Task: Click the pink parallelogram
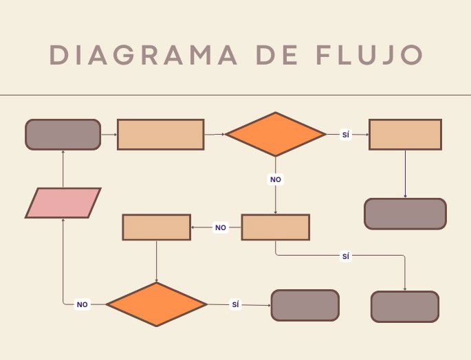pos(63,203)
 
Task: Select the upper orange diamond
pos(276,135)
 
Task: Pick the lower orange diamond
pos(157,304)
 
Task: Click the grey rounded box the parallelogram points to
pos(63,135)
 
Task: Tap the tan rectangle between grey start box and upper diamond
pos(160,135)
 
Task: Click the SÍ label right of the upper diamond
pos(346,135)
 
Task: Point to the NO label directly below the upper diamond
pos(276,179)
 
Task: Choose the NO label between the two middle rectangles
pos(220,227)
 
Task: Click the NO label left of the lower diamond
pos(82,304)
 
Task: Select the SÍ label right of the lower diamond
pos(235,304)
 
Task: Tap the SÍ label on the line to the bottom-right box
pos(346,256)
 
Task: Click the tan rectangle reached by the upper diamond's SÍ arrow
pos(405,135)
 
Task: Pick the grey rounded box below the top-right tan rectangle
pos(405,214)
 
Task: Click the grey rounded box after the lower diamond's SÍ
pos(305,305)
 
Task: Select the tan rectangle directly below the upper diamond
pos(275,227)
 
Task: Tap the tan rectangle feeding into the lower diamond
pos(157,227)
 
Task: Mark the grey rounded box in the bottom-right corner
pos(404,306)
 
